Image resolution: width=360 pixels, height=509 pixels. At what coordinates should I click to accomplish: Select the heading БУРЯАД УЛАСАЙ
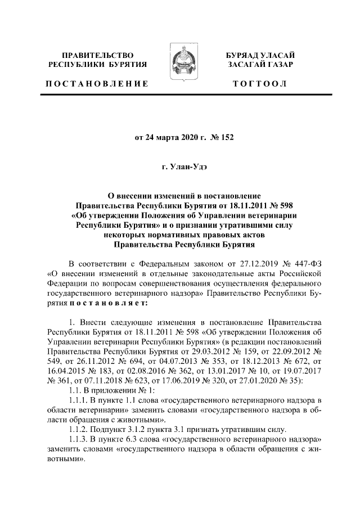click(x=260, y=55)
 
